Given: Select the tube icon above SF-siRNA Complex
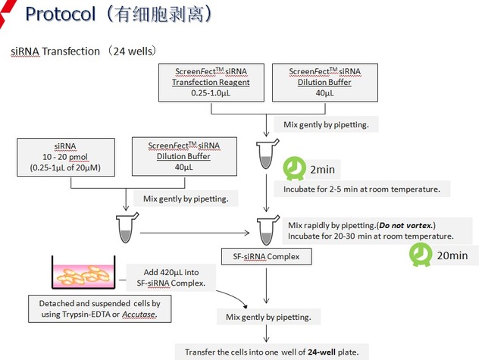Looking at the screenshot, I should pyautogui.click(x=266, y=227).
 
